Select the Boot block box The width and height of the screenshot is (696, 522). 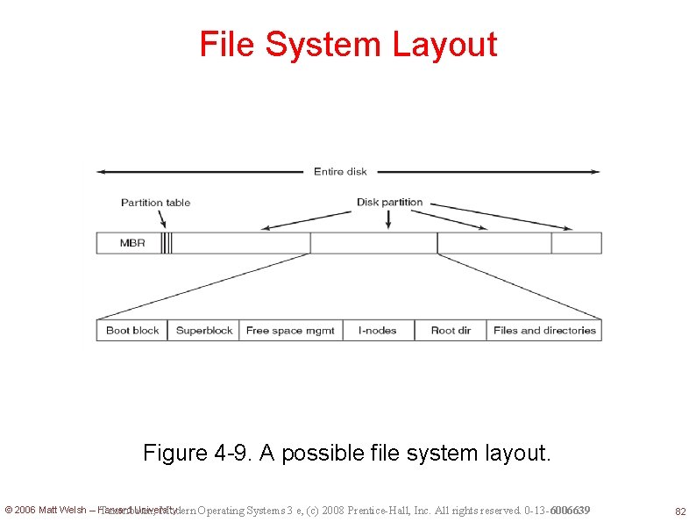pos(132,331)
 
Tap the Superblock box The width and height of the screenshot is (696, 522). pos(204,331)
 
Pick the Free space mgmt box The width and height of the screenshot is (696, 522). pos(290,331)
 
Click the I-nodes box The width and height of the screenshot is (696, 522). pos(377,331)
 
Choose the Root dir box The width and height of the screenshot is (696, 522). pos(451,331)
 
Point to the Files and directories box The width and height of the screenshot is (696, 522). pos(544,331)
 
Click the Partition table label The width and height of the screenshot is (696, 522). pos(155,203)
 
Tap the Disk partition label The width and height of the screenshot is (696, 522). pos(389,202)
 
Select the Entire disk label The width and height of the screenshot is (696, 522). pos(340,171)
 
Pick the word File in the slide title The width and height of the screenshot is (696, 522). pos(227,45)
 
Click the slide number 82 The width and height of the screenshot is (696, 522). pos(679,511)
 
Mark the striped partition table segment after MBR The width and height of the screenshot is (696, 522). pos(167,243)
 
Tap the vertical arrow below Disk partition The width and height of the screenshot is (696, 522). pos(388,219)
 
